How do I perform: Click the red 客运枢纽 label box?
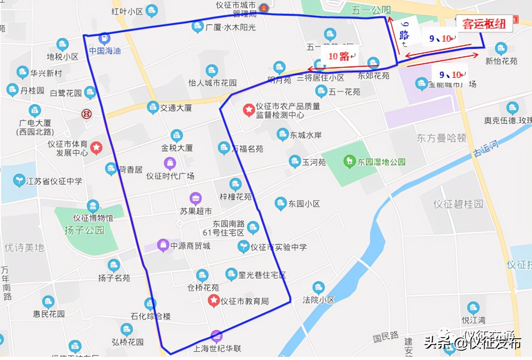484,24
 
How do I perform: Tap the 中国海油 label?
105,51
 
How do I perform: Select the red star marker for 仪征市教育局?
214,300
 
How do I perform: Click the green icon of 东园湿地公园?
349,161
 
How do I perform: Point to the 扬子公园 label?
84,230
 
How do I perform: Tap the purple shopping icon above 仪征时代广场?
170,163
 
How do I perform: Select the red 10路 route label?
339,57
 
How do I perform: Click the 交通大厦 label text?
176,108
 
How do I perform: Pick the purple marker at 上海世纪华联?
217,336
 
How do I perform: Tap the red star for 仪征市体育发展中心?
96,147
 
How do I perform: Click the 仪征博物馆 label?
93,218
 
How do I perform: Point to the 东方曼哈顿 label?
441,138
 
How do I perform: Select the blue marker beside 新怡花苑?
501,49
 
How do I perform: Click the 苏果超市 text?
196,211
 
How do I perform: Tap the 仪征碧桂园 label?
458,204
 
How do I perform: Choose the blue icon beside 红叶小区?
152,10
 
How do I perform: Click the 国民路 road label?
386,337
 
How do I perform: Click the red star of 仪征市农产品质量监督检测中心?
249,110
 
